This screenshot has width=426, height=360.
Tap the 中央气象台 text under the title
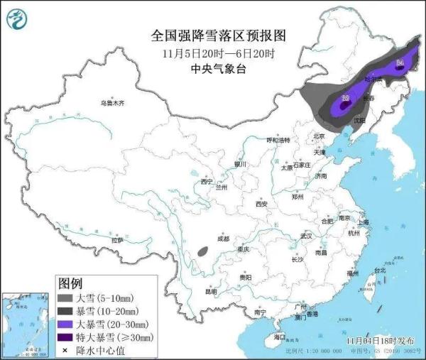click(x=213, y=69)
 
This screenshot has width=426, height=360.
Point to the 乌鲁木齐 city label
click(x=111, y=104)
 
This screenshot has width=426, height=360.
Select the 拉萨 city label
click(x=117, y=241)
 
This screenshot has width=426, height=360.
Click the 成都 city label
click(x=223, y=239)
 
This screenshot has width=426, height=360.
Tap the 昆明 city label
click(x=211, y=291)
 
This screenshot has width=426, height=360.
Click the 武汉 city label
click(x=307, y=235)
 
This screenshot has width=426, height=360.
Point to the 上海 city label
click(x=364, y=222)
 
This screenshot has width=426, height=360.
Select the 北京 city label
click(x=318, y=136)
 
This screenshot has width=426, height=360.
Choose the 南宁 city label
click(x=260, y=312)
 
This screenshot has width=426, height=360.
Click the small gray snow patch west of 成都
click(x=204, y=250)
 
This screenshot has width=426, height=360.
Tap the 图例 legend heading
click(x=72, y=283)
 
